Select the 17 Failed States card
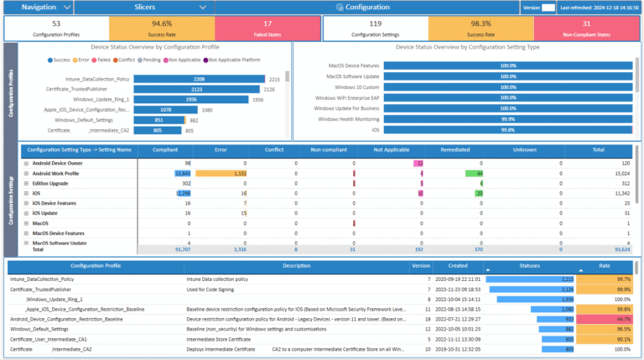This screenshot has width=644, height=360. [267, 28]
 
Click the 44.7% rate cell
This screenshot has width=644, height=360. [610, 319]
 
